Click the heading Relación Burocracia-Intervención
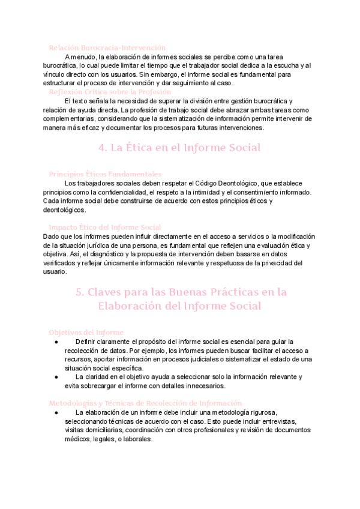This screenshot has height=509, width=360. coord(107,47)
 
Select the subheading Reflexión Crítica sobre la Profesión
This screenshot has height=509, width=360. coord(110,92)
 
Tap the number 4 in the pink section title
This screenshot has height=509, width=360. coord(100,147)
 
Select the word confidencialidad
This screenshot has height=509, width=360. coord(118,192)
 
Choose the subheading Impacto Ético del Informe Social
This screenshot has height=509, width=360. coord(104,227)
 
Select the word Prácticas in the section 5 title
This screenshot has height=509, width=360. coord(238,292)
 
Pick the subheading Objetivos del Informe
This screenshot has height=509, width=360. coord(86,332)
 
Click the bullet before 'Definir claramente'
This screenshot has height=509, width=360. coord(55,341)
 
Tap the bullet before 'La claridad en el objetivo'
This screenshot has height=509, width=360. coord(55,377)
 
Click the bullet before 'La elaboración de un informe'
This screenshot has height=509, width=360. coord(55,412)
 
